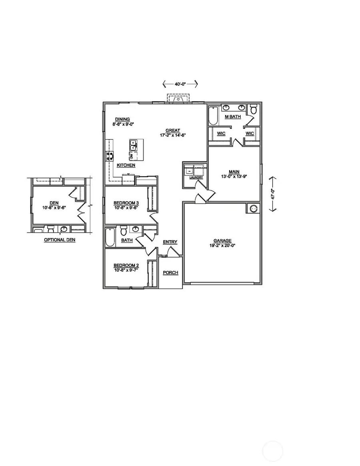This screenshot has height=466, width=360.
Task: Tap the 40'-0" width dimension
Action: pos(180,84)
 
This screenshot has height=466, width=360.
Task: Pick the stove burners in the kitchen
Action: pos(109,156)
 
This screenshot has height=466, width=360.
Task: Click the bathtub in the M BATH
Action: pos(212,116)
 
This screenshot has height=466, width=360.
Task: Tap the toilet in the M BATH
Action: pos(252,109)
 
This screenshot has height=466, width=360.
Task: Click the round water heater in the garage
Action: pos(253,209)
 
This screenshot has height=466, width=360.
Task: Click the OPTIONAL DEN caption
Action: pos(60,240)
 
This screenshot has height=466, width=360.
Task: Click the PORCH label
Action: pos(170,273)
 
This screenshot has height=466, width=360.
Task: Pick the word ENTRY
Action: pos(170,242)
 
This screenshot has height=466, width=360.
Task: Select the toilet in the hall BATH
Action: pos(124,231)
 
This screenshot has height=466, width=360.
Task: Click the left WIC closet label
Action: pos(221,133)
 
